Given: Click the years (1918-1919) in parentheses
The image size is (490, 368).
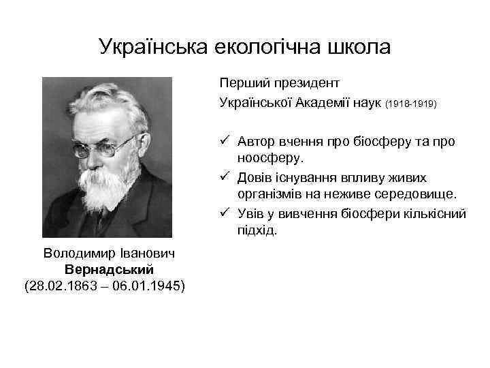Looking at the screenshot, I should (411, 104).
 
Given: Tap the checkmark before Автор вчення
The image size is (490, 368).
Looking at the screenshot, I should (226, 141).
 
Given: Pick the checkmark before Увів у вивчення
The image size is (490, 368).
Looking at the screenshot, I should (226, 213).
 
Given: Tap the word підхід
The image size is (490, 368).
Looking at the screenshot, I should (257, 231).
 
